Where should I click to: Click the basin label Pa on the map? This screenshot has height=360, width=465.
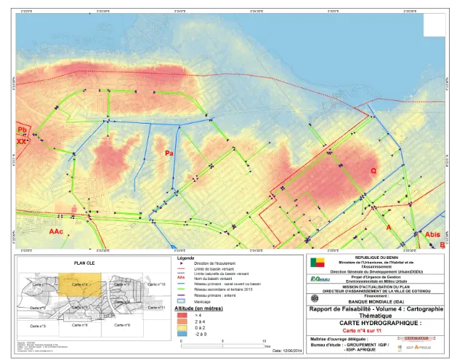(169, 153)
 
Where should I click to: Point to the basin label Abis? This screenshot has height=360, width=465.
(432, 234)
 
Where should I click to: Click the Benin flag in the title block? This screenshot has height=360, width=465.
(318, 262)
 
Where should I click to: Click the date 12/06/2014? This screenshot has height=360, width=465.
(280, 352)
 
